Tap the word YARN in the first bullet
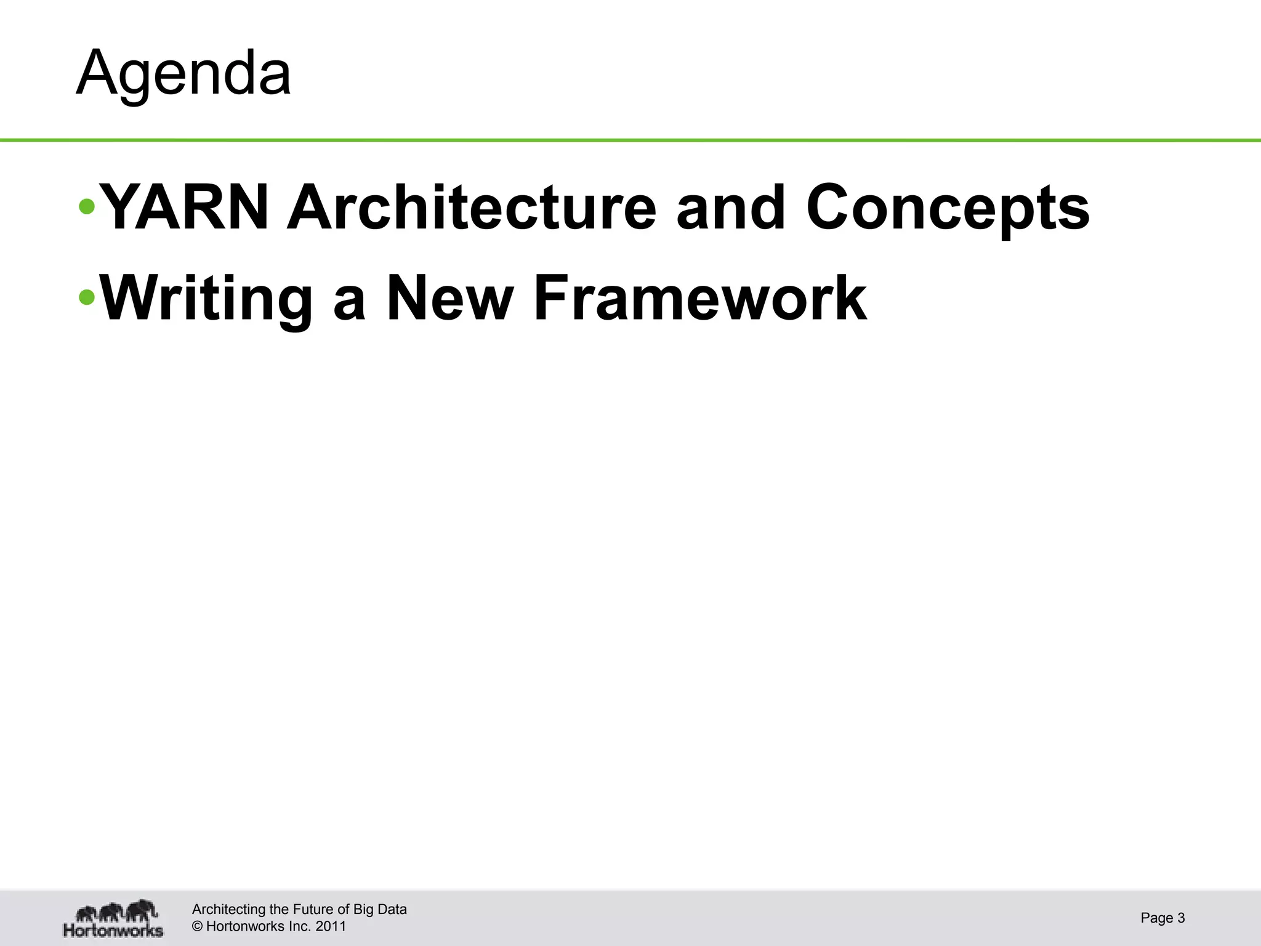[x=184, y=208]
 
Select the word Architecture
[x=472, y=208]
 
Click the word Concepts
[x=948, y=208]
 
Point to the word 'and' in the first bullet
[x=731, y=208]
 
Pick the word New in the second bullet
[x=449, y=299]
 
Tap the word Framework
[x=700, y=299]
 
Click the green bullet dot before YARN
[x=87, y=207]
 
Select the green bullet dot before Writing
[x=87, y=298]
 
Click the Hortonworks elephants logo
[x=115, y=918]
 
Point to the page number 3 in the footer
[x=1181, y=918]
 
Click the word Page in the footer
[x=1156, y=918]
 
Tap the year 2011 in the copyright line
[x=331, y=926]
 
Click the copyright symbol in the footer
[x=197, y=926]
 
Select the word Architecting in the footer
[x=225, y=910]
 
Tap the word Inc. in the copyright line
[x=300, y=926]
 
